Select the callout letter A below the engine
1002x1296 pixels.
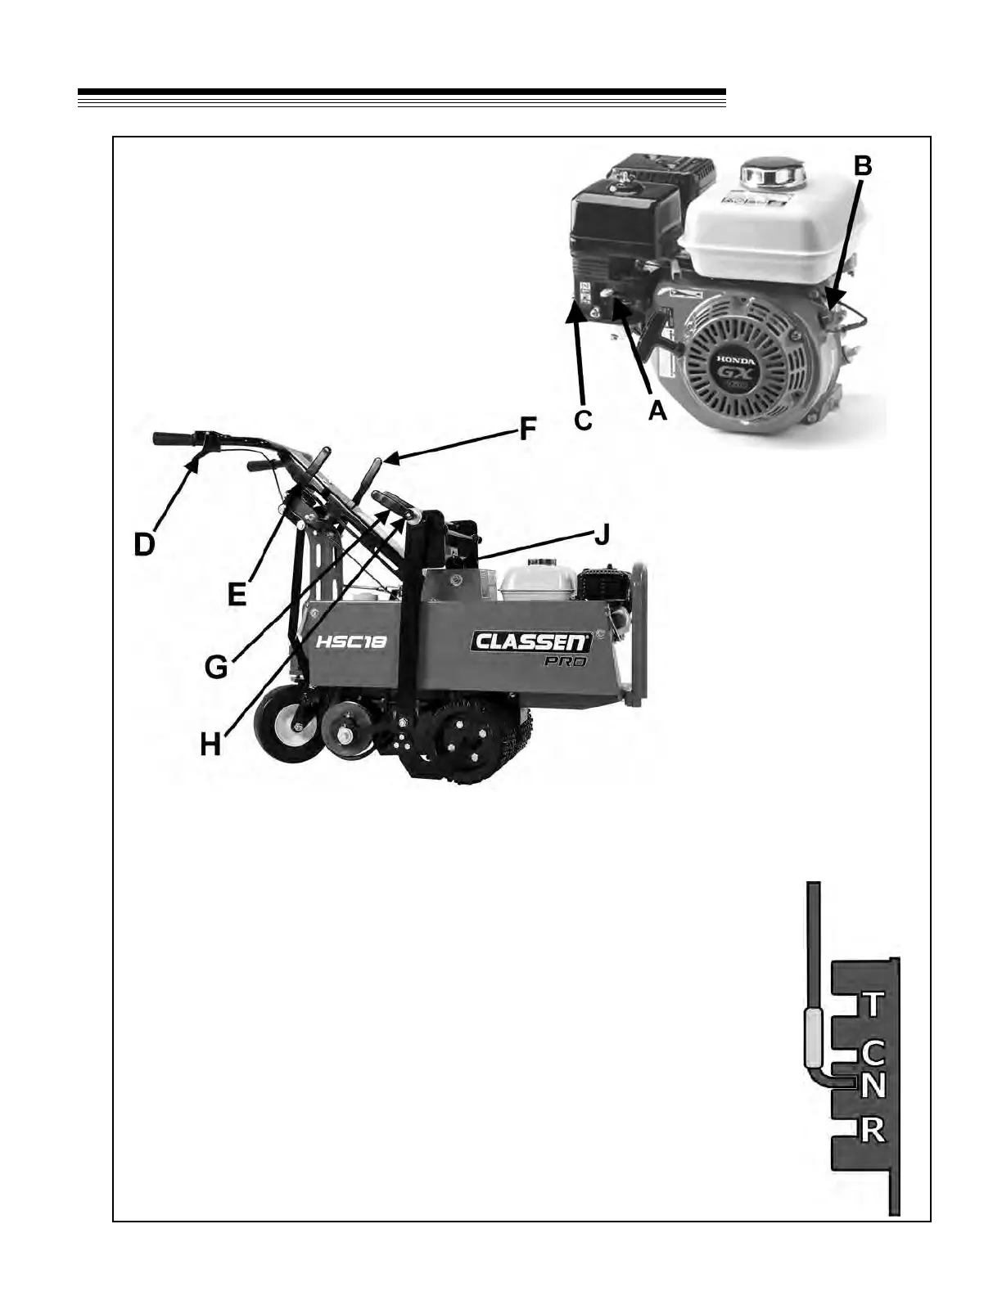(x=658, y=411)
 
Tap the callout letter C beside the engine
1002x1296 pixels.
(x=583, y=420)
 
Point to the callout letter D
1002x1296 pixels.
(x=145, y=543)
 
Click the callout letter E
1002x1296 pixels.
(x=237, y=593)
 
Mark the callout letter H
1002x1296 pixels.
(x=211, y=745)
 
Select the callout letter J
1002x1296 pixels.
(x=601, y=536)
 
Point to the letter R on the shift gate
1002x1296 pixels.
(x=873, y=1130)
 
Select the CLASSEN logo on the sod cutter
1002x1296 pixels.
(x=530, y=641)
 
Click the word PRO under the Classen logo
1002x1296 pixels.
(x=566, y=662)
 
